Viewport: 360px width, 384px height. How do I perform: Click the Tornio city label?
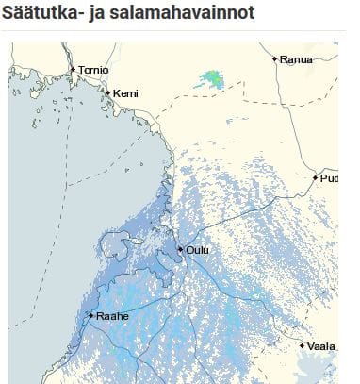pos(93,71)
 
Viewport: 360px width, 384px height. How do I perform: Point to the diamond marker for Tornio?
pos(73,69)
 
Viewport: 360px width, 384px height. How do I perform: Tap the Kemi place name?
pos(124,94)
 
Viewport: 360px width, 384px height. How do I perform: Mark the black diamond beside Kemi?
pos(107,92)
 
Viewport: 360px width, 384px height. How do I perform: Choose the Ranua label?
pos(297,59)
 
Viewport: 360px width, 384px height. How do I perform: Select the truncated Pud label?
pos(329,177)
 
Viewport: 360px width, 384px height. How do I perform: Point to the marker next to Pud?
pos(315,176)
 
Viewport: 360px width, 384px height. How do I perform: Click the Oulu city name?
pos(197,250)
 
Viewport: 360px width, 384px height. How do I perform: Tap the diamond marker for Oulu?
pos(180,249)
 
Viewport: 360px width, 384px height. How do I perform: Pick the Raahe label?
pos(112,317)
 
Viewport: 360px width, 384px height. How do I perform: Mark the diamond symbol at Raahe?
pos(90,315)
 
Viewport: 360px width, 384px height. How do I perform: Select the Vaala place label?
pos(321,346)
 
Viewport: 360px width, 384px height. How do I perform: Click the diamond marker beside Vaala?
pos(303,345)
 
